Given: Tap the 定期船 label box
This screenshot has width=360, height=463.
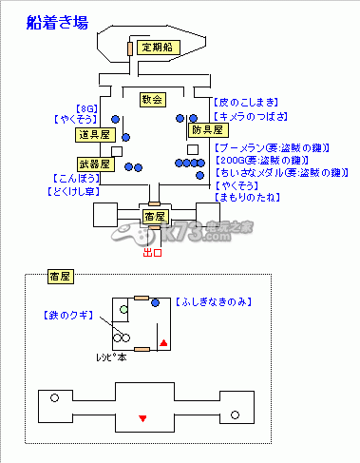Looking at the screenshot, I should tap(155, 48).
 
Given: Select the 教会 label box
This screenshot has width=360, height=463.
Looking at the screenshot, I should tap(151, 99).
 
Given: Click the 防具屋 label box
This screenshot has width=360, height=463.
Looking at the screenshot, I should tap(205, 129).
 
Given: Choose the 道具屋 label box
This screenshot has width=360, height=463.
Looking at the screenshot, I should tap(93, 135).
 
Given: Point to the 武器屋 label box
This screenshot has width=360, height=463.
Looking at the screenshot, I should tap(93, 164).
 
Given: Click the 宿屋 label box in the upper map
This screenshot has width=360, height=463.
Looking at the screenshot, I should tap(155, 217).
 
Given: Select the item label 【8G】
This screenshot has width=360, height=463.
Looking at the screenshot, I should tap(86, 107).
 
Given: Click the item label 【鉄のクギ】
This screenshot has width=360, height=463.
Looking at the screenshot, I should tap(66, 315).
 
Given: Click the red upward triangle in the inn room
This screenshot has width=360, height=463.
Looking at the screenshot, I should tap(163, 341).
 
